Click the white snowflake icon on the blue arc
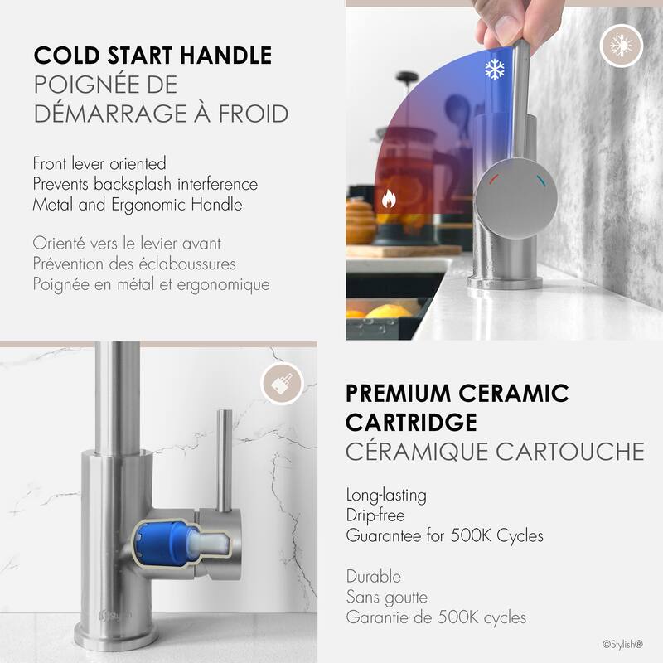495,70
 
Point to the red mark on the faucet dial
493,178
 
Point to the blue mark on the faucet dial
540,178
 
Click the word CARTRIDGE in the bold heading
411,422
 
